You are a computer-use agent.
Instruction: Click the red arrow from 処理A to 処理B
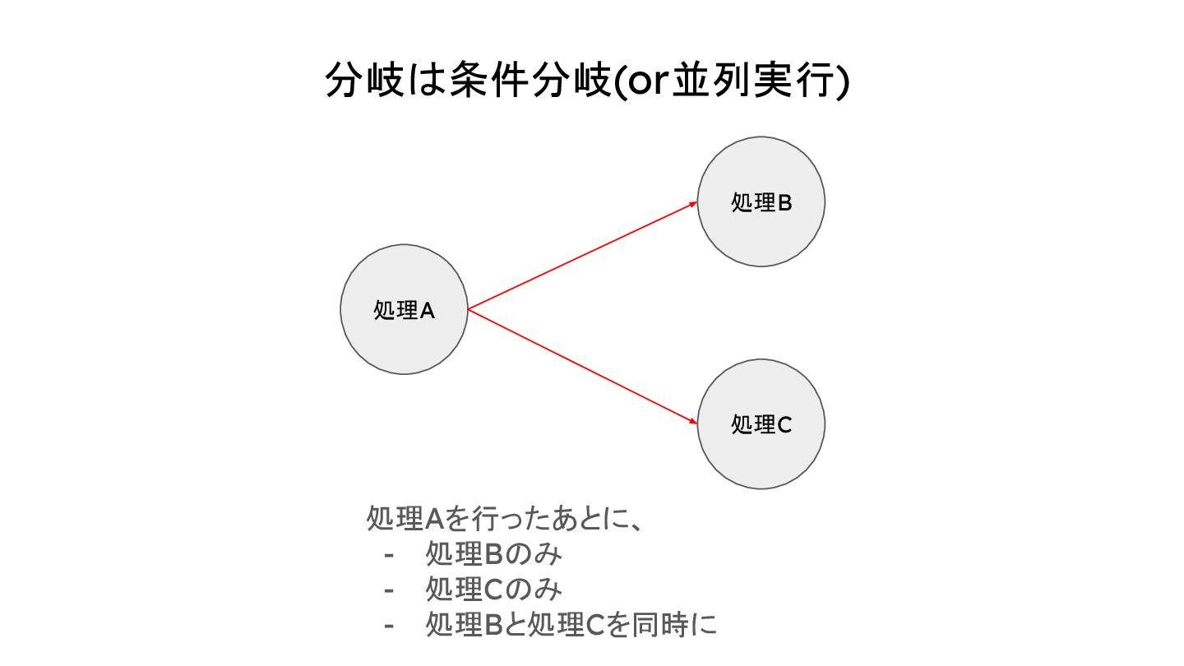(x=582, y=256)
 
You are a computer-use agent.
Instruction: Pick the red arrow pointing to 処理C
(x=582, y=367)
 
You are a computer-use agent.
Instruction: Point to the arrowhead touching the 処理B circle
(x=692, y=204)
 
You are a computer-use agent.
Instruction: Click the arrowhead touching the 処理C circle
(x=692, y=421)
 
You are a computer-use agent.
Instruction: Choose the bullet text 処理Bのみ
(x=493, y=554)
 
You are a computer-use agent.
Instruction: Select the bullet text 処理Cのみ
(x=493, y=590)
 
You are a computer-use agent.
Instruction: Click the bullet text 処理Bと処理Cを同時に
(x=571, y=625)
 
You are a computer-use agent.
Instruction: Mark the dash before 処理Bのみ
(x=389, y=555)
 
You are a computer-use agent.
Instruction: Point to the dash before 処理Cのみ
(x=389, y=590)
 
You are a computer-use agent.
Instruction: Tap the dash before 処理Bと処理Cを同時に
(x=389, y=626)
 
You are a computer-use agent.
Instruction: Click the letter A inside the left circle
(x=427, y=311)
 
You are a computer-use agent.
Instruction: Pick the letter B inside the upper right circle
(x=784, y=203)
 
